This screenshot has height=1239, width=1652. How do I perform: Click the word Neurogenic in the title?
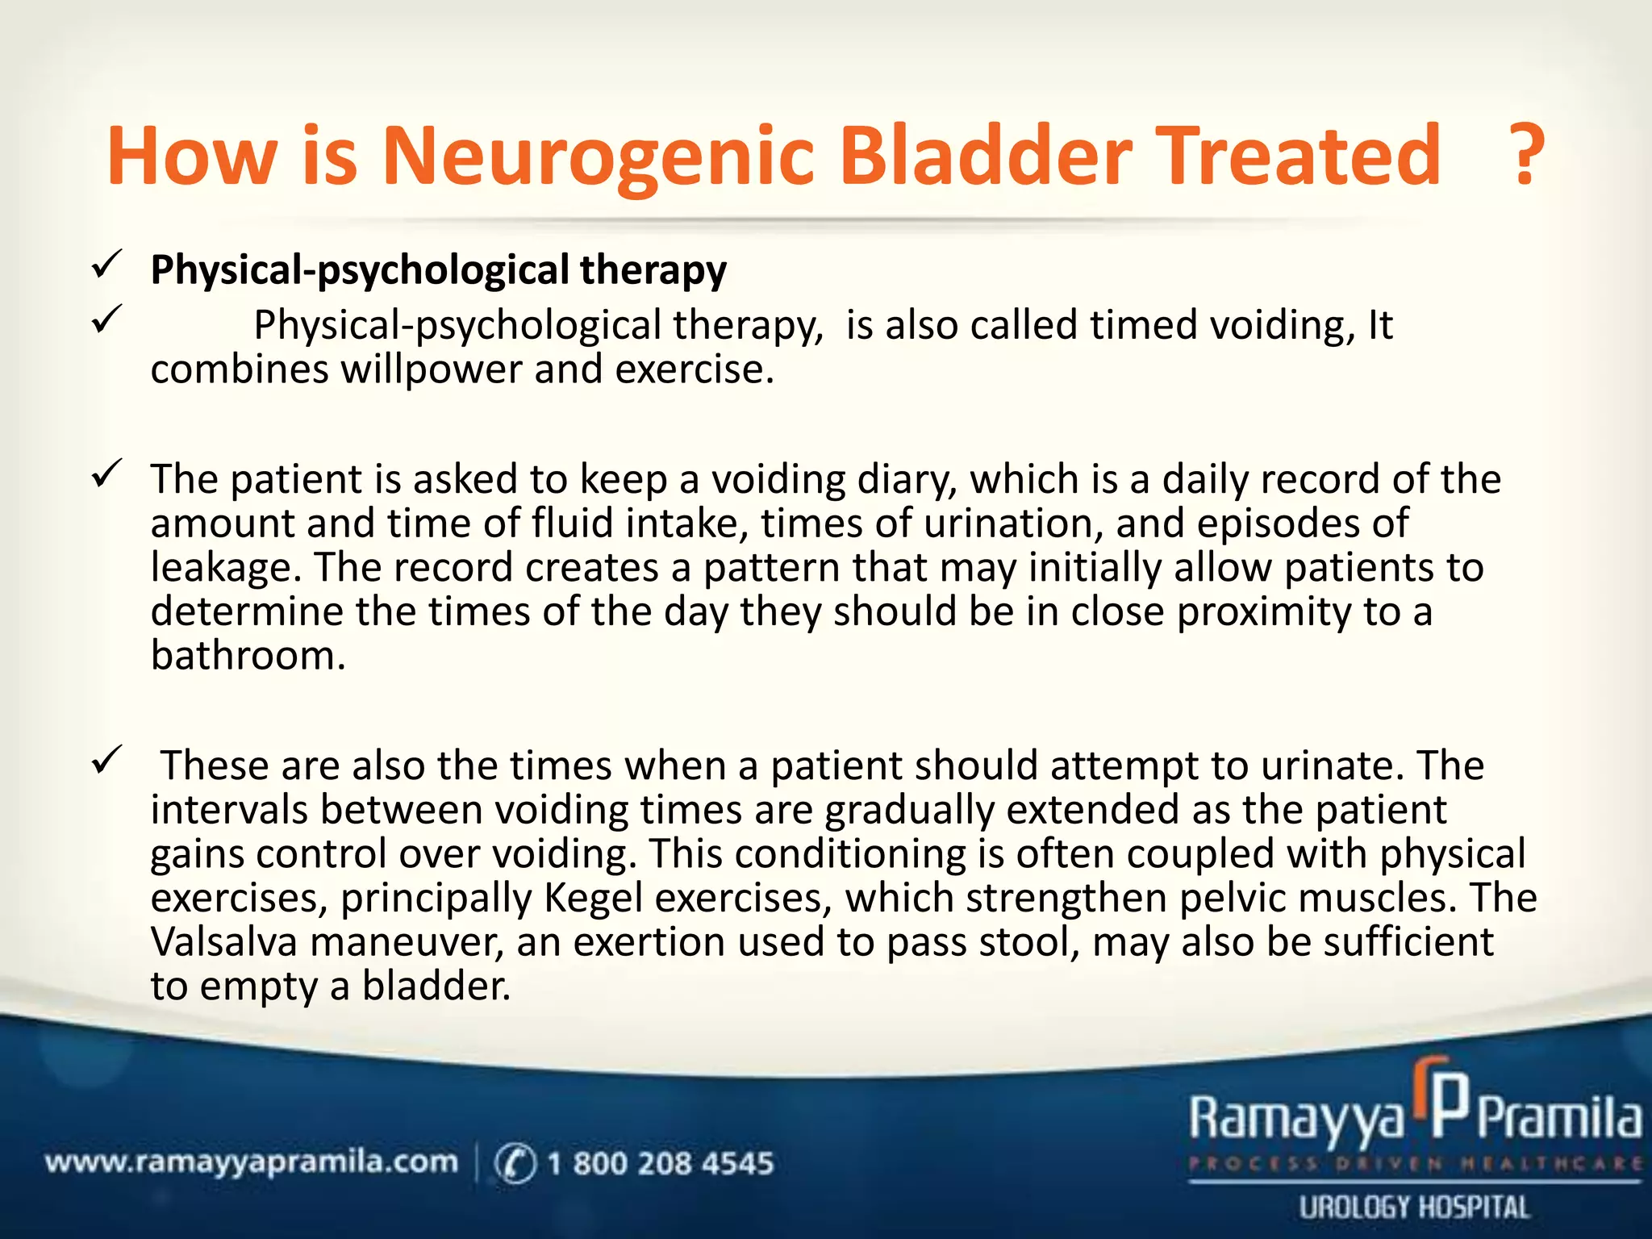(597, 157)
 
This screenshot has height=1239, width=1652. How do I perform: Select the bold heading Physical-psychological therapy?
(438, 270)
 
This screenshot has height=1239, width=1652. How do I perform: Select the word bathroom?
(247, 655)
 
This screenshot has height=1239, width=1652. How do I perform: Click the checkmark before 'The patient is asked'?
(106, 473)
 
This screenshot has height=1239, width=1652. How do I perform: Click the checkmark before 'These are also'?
(106, 760)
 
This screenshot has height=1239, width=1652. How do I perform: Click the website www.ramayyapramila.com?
(251, 1162)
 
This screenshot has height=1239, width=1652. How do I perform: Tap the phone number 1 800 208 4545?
(660, 1163)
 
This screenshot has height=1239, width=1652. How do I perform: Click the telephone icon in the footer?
(515, 1164)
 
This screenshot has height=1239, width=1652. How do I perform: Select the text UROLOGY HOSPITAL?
(1413, 1208)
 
